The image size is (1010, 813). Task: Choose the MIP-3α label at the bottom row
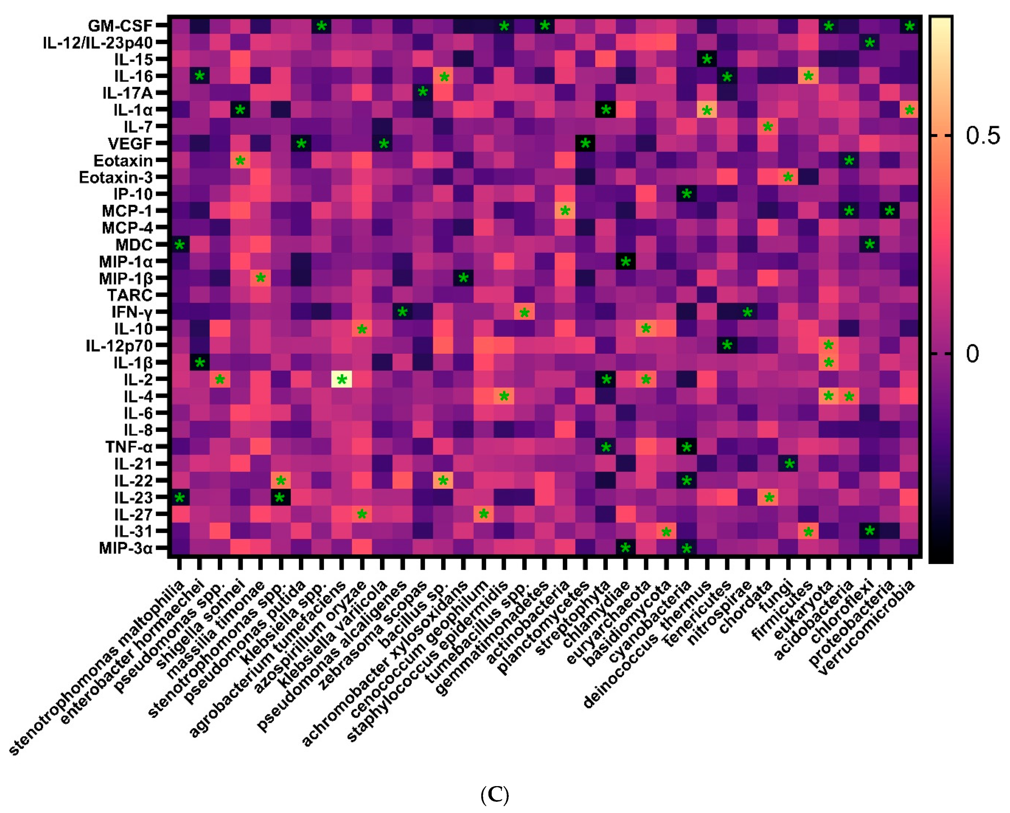pos(126,548)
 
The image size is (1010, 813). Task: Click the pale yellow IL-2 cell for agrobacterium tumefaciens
pos(341,379)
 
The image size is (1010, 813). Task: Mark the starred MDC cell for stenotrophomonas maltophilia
pos(179,245)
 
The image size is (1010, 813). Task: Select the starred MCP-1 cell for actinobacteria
pos(565,211)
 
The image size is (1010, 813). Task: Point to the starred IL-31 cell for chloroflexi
pos(869,531)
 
